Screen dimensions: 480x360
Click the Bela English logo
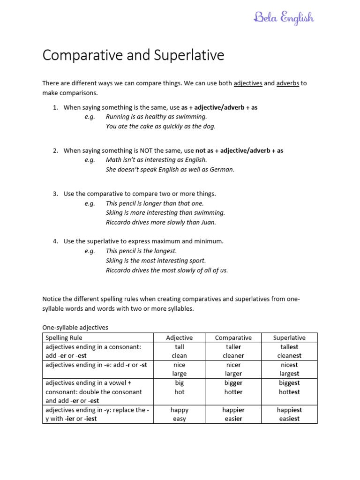[284, 18]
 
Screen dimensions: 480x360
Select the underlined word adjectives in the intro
[248, 83]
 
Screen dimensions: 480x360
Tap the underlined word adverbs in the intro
[288, 83]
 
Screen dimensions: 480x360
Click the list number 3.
[55, 194]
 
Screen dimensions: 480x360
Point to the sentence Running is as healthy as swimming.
[156, 117]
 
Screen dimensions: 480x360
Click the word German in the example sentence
[222, 170]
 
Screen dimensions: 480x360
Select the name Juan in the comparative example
[208, 223]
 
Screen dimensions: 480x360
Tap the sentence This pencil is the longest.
[141, 251]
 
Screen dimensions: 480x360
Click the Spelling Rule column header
[63, 337]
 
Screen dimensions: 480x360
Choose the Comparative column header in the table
[233, 337]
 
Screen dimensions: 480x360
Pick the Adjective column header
[179, 337]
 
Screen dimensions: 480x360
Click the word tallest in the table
[289, 347]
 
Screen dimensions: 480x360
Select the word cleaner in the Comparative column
[233, 356]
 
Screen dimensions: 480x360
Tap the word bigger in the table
[233, 383]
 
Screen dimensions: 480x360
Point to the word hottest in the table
[289, 392]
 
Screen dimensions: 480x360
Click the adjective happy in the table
[179, 410]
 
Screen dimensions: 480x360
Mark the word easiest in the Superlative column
[289, 419]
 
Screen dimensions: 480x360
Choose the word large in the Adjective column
[179, 374]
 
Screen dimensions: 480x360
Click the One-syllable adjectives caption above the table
[75, 328]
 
